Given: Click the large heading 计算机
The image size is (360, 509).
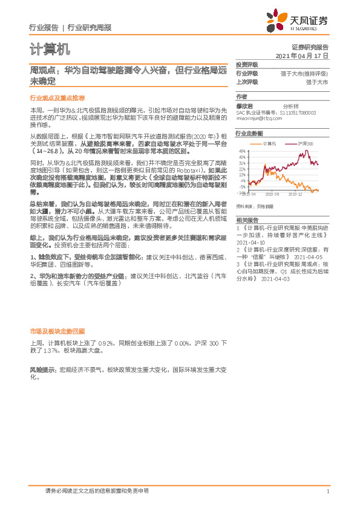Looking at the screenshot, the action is pyautogui.click(x=50, y=48).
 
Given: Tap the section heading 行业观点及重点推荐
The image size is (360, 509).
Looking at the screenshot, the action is pyautogui.click(x=57, y=97).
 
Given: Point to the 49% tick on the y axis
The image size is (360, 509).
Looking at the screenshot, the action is pyautogui.click(x=242, y=151).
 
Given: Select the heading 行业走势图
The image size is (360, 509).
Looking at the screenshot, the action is pyautogui.click(x=249, y=133).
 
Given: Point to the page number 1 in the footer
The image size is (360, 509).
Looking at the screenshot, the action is pyautogui.click(x=327, y=491).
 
